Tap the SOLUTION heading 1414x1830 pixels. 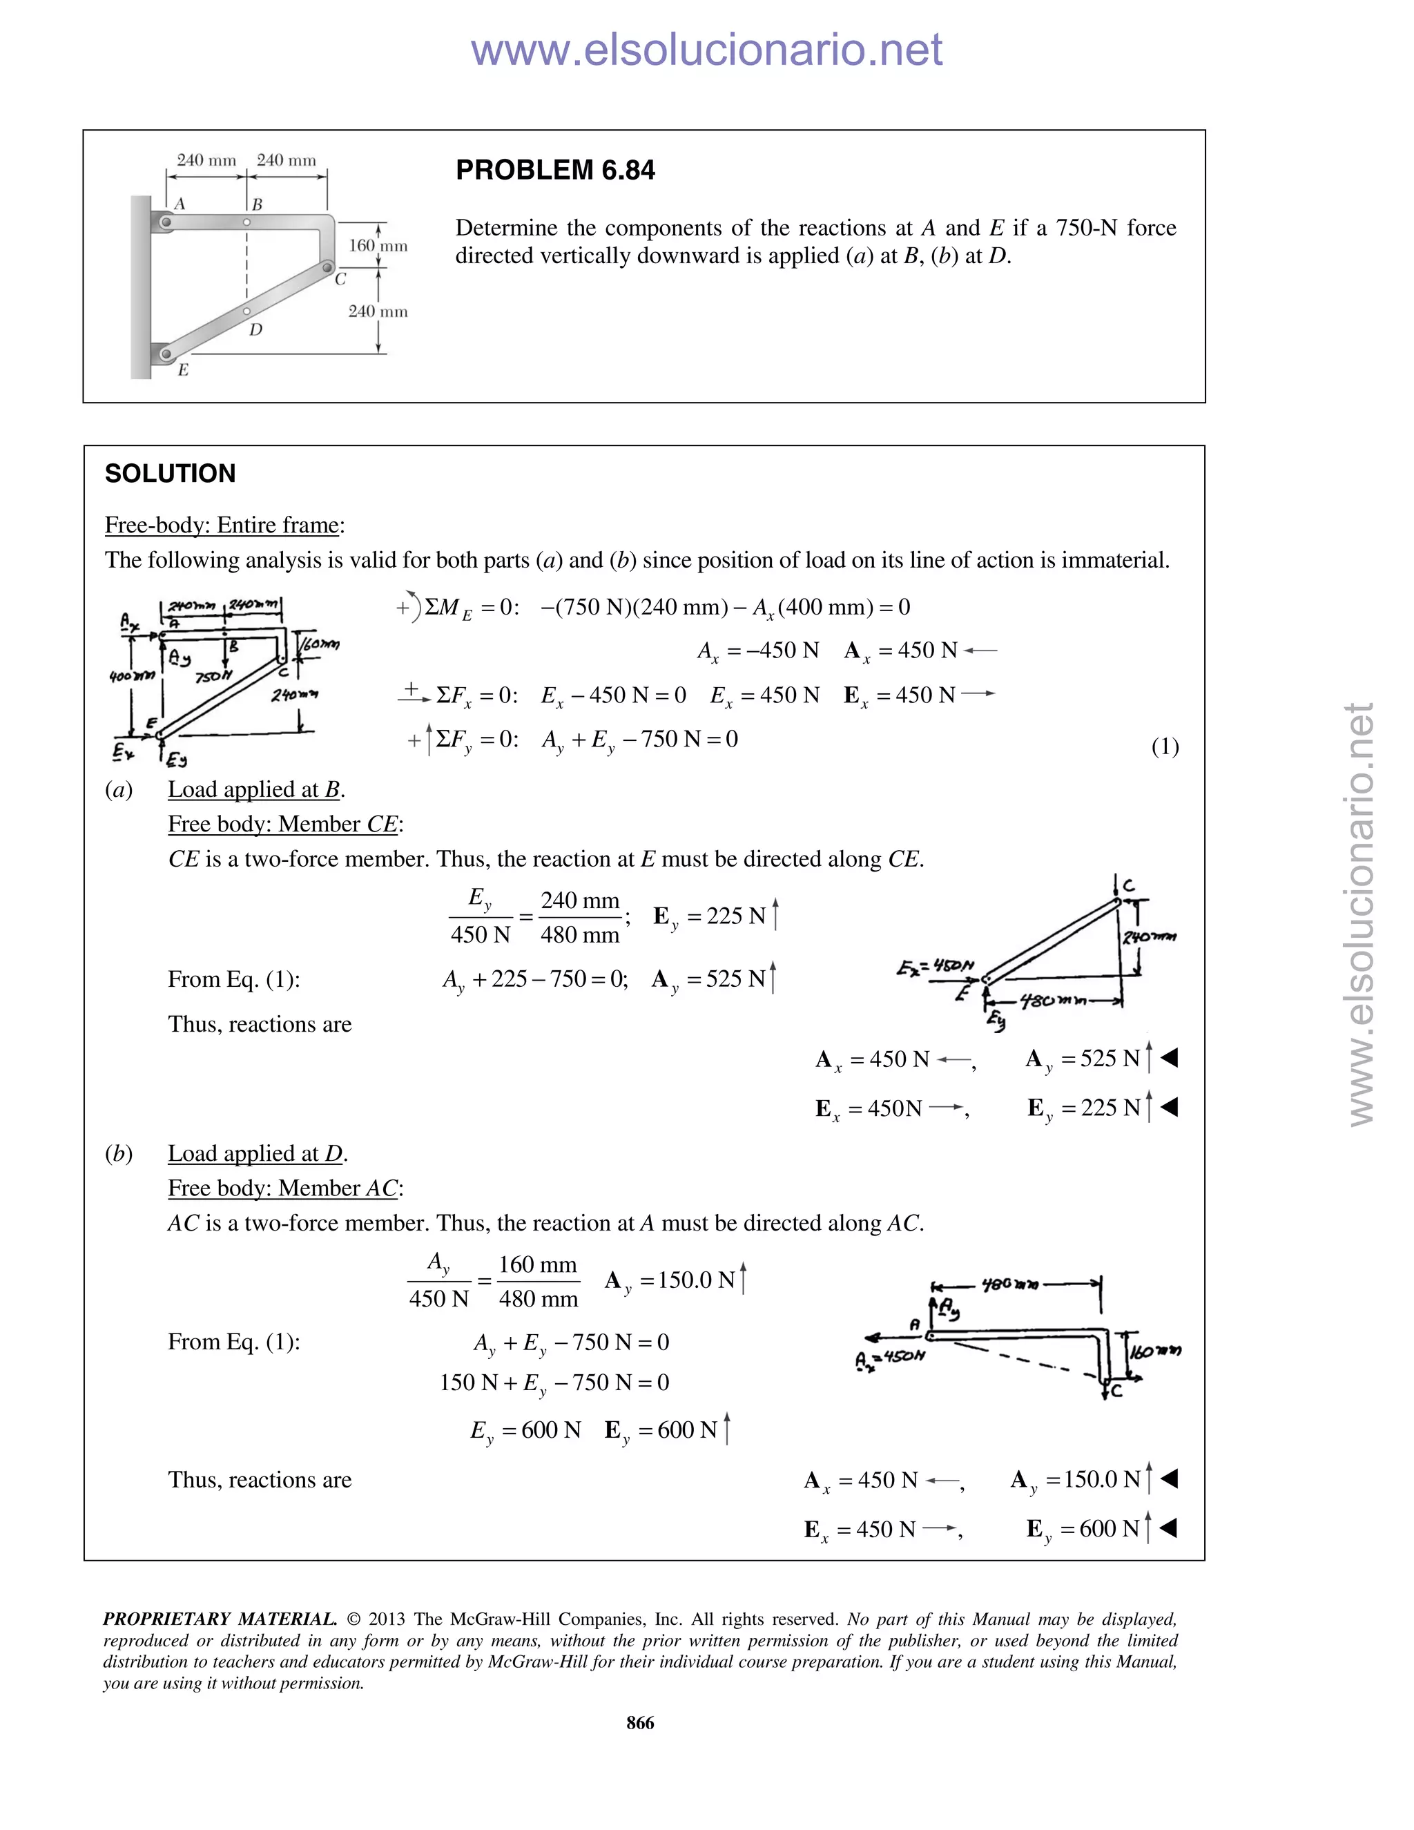click(170, 474)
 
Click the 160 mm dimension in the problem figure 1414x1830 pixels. click(378, 246)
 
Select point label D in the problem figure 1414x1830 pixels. click(255, 329)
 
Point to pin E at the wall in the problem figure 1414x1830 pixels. click(166, 354)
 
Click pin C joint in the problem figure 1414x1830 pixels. click(327, 267)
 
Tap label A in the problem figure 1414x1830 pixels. click(180, 204)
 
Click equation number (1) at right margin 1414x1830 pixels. click(1164, 747)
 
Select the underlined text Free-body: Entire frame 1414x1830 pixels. click(222, 526)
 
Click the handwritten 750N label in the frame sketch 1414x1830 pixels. click(213, 676)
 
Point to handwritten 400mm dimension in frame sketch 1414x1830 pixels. click(131, 675)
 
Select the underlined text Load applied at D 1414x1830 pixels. click(256, 1154)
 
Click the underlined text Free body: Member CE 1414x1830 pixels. click(284, 825)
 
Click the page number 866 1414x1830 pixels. click(640, 1723)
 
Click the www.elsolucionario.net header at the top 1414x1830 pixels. click(706, 50)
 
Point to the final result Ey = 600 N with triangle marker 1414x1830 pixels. click(1101, 1529)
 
